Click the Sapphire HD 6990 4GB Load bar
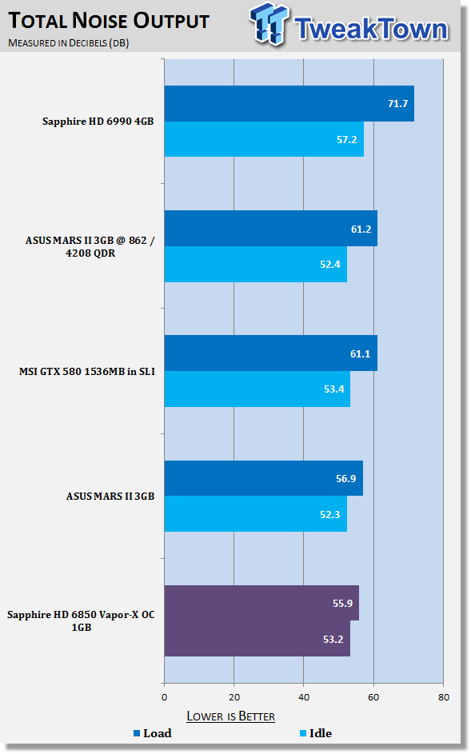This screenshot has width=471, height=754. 289,103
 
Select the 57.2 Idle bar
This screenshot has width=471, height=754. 264,139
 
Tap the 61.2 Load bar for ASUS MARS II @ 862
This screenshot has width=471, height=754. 271,229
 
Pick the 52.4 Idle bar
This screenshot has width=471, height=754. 255,264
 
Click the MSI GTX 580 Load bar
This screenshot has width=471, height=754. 271,353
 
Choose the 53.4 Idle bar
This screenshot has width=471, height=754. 257,389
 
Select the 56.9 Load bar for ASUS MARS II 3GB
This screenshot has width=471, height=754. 264,478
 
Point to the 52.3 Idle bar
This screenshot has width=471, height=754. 255,513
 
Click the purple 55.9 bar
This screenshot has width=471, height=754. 261,603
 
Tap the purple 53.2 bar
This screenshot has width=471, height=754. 257,639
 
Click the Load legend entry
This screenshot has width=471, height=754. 153,733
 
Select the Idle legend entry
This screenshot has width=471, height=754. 316,733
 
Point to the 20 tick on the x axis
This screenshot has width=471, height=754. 234,697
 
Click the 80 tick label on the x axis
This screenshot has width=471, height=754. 444,697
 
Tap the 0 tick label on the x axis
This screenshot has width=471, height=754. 165,697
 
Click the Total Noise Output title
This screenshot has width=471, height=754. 110,21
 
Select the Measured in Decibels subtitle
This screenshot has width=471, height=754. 68,43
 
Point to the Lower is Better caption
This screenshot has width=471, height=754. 231,716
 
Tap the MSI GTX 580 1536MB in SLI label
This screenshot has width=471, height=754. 87,371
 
